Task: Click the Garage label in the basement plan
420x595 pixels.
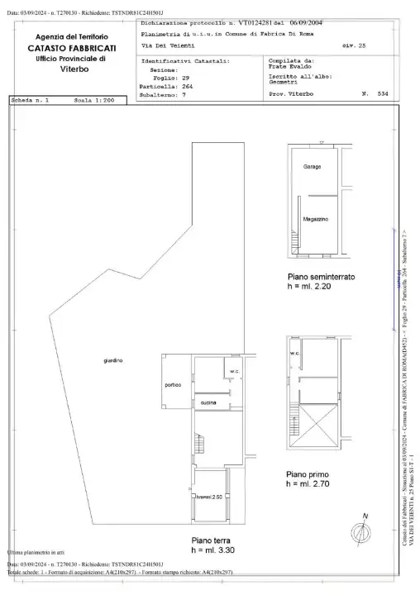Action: click(x=312, y=167)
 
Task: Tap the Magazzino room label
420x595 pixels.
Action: click(x=316, y=218)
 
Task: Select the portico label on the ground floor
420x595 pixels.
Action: click(x=173, y=385)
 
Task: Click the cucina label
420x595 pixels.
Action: click(x=208, y=402)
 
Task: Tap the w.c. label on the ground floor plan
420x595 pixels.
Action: click(x=235, y=370)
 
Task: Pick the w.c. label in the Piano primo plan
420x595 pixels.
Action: click(x=295, y=354)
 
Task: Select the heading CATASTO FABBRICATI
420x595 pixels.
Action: click(x=71, y=50)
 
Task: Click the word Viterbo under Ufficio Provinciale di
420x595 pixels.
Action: click(x=71, y=70)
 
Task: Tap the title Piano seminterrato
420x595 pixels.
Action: click(x=321, y=277)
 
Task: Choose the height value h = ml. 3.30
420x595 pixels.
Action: click(x=212, y=549)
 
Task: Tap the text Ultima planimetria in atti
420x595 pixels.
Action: click(x=36, y=552)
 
